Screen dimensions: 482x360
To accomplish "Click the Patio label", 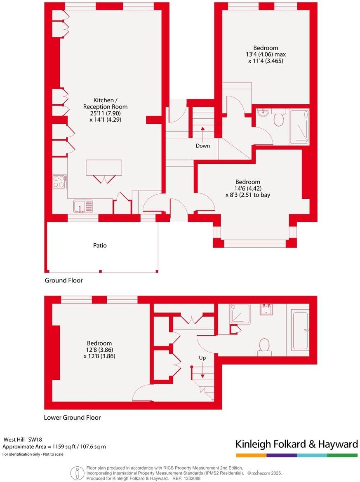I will tap(100, 245).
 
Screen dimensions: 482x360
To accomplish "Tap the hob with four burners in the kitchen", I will tap(59, 181).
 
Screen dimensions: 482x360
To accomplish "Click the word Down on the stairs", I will tap(202, 146).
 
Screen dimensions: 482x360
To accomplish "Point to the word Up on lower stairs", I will tap(202, 358).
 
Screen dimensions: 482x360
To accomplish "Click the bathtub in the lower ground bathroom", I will tap(300, 330).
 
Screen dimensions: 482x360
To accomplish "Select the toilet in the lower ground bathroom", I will tap(264, 346).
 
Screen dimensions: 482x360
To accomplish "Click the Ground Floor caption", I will tap(64, 280).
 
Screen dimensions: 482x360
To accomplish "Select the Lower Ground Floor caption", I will tap(72, 417).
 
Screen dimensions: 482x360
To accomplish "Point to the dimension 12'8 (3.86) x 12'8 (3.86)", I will tap(99, 353).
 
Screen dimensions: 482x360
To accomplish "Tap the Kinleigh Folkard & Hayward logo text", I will tap(296, 444).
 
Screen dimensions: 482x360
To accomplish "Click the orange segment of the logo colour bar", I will tap(251, 455).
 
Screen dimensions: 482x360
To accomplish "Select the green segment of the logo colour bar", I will tap(342, 455).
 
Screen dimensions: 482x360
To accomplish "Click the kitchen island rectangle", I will tap(104, 167).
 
